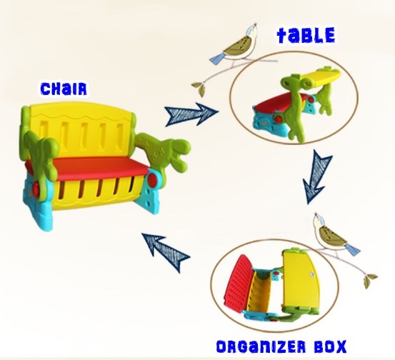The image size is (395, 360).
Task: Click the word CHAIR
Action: coord(64,89)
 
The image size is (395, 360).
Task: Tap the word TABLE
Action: coord(306,35)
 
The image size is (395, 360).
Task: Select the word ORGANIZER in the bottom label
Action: coord(261,346)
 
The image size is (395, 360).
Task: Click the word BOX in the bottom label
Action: coord(331,346)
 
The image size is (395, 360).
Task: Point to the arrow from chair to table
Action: coord(191,114)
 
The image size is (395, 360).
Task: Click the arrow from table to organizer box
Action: coord(316,176)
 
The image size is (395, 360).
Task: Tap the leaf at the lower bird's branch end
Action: coord(369,279)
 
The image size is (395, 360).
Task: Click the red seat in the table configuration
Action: coord(279,102)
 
